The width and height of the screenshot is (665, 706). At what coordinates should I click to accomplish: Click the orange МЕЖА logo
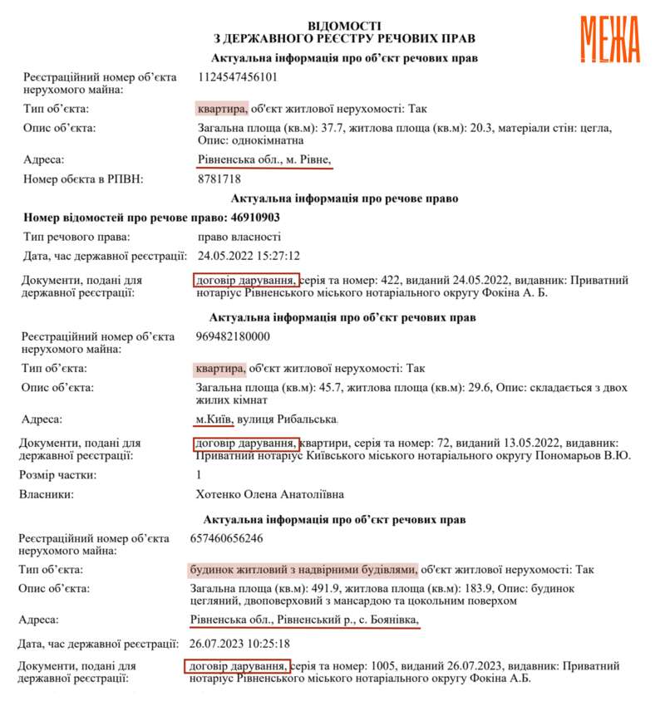609,38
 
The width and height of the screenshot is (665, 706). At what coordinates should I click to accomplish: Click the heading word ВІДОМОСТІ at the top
344,27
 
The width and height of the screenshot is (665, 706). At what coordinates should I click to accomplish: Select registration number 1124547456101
238,77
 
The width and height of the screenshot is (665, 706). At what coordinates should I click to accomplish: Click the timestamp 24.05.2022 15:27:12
249,255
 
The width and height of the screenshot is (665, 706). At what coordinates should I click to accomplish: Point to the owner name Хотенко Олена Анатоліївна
268,494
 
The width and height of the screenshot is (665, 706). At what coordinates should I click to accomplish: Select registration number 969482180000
235,336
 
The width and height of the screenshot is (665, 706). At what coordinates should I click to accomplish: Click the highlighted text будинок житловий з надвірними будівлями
303,569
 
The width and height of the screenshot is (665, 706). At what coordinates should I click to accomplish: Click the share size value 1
199,475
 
